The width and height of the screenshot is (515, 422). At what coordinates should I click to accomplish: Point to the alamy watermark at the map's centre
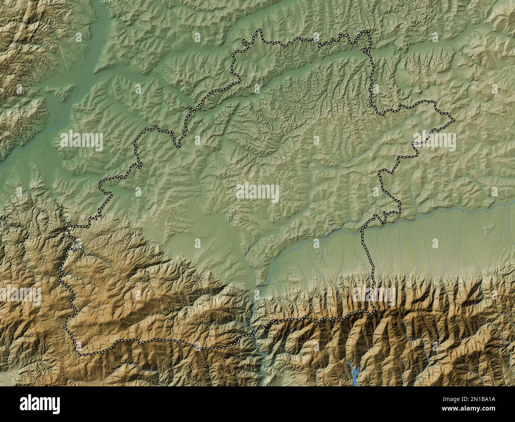pyautogui.click(x=257, y=193)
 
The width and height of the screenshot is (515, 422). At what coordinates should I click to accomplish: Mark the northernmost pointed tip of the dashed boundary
pyautogui.click(x=259, y=31)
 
